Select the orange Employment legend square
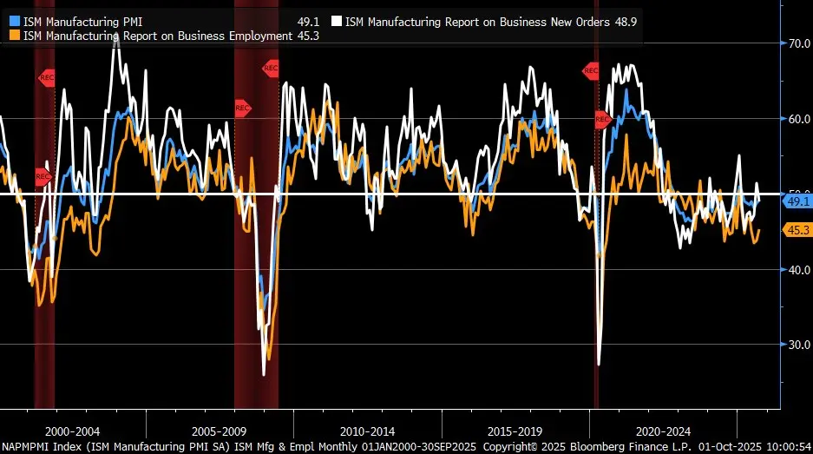click(x=14, y=35)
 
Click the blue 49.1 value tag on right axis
click(x=797, y=201)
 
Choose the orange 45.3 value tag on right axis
click(x=797, y=230)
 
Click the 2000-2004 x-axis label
click(x=72, y=431)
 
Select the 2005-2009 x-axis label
click(x=220, y=431)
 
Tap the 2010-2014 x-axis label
click(x=367, y=431)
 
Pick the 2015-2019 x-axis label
click(x=515, y=431)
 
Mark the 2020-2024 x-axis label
click(x=663, y=431)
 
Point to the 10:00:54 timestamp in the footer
click(x=786, y=446)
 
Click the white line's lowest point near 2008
click(x=264, y=374)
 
